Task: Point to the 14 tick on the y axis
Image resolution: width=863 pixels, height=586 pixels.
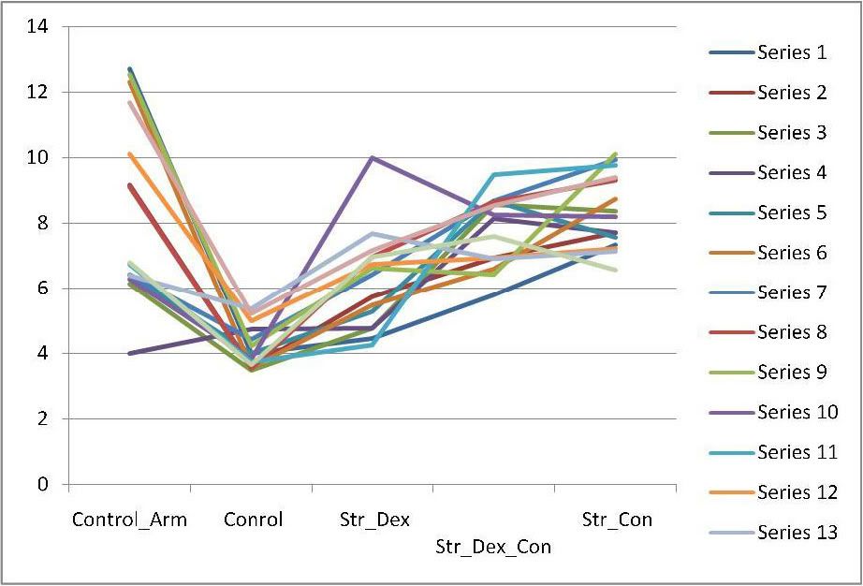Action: [x=37, y=26]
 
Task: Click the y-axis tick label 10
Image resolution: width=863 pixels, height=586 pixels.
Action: [x=37, y=157]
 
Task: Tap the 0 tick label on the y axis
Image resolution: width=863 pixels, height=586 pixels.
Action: [x=42, y=484]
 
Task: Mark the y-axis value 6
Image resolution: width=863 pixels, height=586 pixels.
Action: [x=42, y=288]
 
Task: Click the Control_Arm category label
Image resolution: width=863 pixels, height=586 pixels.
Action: [x=129, y=520]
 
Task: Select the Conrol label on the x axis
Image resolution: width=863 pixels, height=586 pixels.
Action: [x=253, y=520]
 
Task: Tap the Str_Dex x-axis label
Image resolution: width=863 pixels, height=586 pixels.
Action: [x=374, y=520]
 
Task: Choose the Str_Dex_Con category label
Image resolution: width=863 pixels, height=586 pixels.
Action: [x=493, y=546]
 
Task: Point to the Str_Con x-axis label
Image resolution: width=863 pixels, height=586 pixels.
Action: [x=617, y=520]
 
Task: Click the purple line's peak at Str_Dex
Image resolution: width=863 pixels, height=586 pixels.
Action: [x=373, y=157]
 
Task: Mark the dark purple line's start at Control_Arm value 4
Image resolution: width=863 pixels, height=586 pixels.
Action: [x=130, y=353]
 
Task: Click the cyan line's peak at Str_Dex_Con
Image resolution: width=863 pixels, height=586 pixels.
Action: [x=494, y=174]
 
